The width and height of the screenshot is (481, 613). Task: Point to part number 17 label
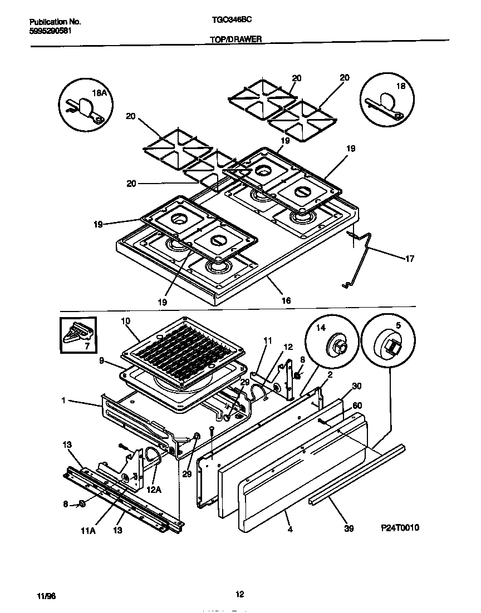click(x=409, y=258)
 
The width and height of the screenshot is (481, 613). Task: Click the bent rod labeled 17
click(x=362, y=259)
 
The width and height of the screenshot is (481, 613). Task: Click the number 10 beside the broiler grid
click(x=125, y=321)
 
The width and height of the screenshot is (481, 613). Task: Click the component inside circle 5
click(x=389, y=347)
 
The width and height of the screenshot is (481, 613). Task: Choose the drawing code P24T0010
click(x=400, y=527)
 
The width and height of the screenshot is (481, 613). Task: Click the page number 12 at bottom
click(x=240, y=595)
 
